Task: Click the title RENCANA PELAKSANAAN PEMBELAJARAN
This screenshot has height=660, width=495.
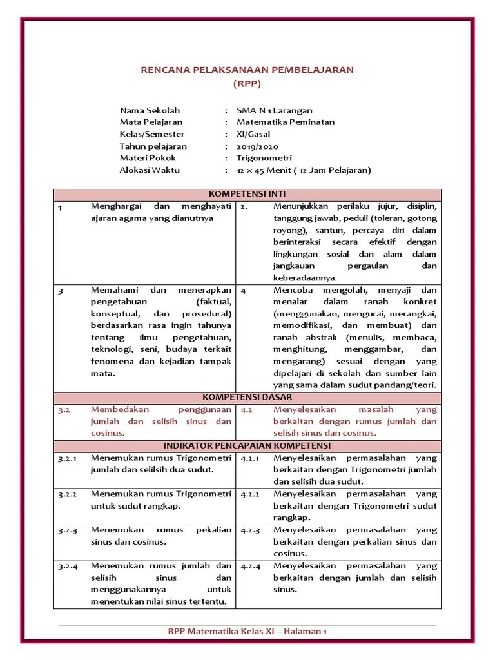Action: [247, 70]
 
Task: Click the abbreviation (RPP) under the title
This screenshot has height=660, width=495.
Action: [247, 84]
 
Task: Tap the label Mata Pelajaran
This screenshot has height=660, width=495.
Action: [151, 122]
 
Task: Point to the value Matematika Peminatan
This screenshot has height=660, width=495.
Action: [286, 122]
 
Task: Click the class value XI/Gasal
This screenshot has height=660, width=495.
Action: [255, 134]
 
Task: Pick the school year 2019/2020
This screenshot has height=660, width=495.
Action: [257, 146]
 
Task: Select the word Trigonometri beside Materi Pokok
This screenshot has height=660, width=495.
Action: [264, 158]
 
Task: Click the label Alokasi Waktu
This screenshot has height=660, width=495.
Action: [150, 170]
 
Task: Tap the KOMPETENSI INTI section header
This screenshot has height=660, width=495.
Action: [247, 194]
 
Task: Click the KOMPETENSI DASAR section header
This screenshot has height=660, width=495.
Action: [247, 397]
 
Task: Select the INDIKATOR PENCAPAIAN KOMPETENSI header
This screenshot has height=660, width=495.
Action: [247, 445]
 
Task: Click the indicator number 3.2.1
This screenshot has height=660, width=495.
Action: [66, 458]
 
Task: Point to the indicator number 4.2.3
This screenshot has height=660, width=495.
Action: [250, 530]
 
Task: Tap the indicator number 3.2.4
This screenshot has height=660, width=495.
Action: [66, 567]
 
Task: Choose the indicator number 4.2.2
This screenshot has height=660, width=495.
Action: [250, 494]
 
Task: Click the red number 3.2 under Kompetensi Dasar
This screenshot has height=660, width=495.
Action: [63, 409]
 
